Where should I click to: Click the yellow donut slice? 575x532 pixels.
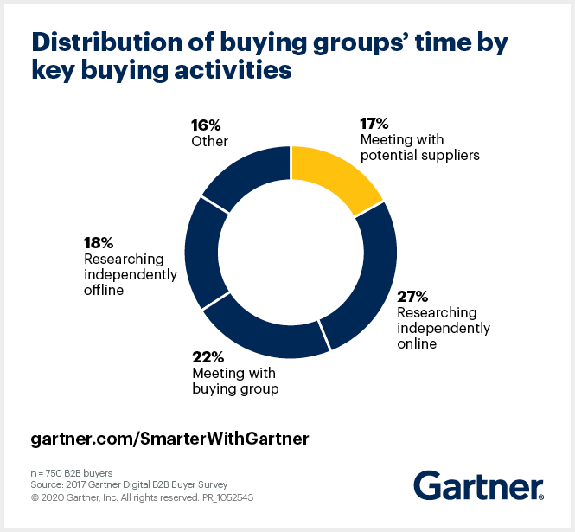click(x=333, y=176)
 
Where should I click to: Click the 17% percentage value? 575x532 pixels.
click(x=374, y=124)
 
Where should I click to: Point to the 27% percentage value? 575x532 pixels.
click(x=412, y=298)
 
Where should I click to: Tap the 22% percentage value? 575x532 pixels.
click(x=208, y=357)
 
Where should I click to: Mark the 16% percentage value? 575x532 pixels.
click(x=207, y=124)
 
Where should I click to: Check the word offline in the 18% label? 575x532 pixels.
click(x=104, y=290)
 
